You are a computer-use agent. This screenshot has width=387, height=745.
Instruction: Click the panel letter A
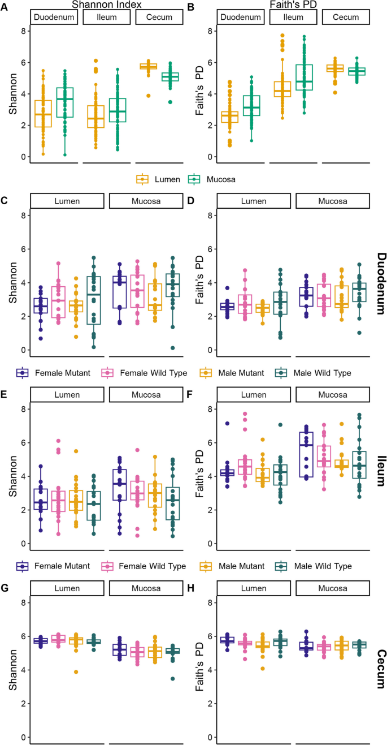5,6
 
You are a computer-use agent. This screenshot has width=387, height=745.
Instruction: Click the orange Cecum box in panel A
149,67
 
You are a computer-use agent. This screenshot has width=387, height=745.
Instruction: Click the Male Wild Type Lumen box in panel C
94,300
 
